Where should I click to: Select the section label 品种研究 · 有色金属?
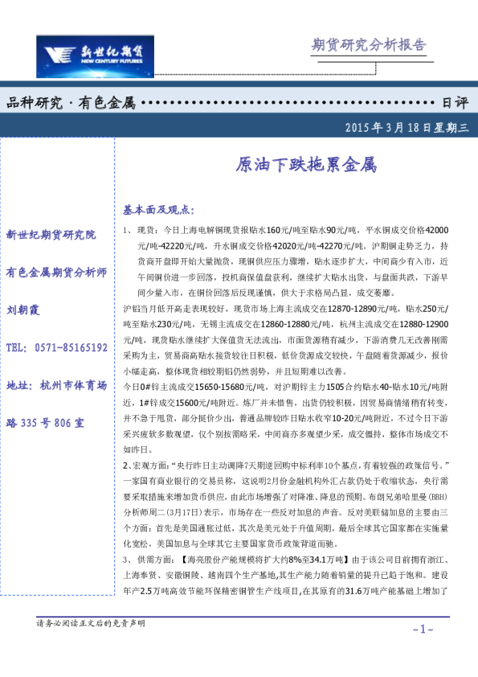point(70,103)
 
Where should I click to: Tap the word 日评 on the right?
point(455,103)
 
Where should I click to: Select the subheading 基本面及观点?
point(158,210)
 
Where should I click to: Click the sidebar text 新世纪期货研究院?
point(51,235)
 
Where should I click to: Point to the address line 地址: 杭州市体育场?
point(56,385)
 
